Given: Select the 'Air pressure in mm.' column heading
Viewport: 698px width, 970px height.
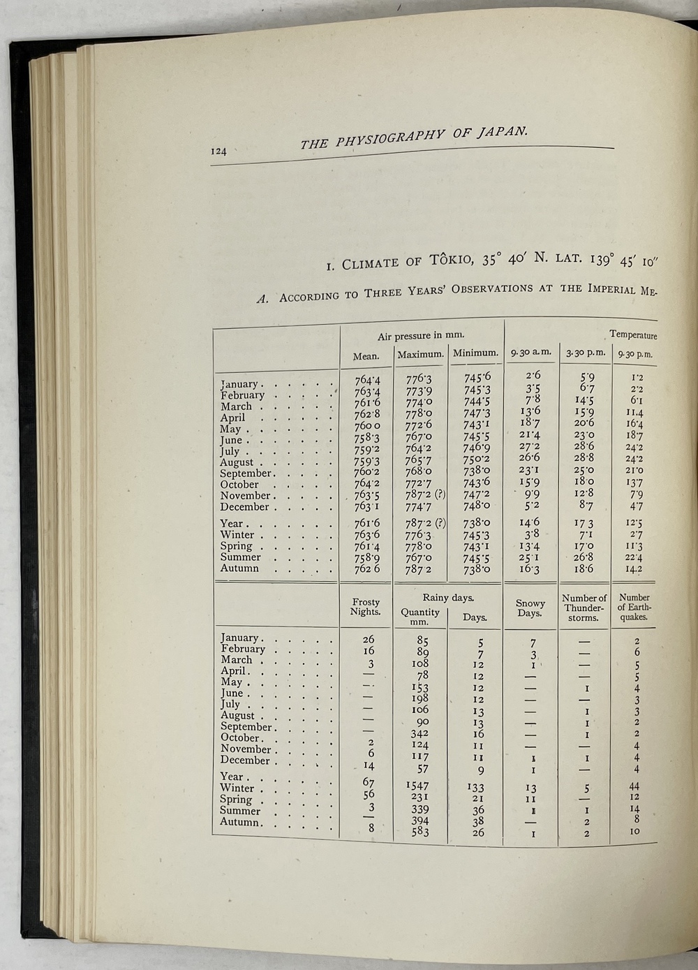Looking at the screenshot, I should (421, 336).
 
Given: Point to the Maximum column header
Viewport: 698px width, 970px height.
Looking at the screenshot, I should (421, 355).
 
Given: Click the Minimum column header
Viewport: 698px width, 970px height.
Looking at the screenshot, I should (476, 353).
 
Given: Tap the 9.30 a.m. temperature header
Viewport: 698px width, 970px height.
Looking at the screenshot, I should (530, 353).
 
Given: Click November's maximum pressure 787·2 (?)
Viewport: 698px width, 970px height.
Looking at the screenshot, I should (424, 496).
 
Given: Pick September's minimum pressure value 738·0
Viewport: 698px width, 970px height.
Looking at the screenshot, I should (477, 472).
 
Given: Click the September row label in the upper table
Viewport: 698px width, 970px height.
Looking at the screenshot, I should (245, 473).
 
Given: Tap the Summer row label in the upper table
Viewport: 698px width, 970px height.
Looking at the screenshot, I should (241, 557).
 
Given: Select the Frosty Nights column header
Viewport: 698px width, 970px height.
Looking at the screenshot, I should (366, 607).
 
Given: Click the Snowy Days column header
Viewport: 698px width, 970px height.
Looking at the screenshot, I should (530, 608).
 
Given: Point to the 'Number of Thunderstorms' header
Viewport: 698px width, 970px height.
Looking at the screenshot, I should (584, 608).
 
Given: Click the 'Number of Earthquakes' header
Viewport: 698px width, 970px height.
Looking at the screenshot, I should (634, 607).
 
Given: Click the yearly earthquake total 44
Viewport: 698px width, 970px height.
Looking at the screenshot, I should (634, 786).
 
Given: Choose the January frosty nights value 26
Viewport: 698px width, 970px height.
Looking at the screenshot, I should (369, 639).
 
